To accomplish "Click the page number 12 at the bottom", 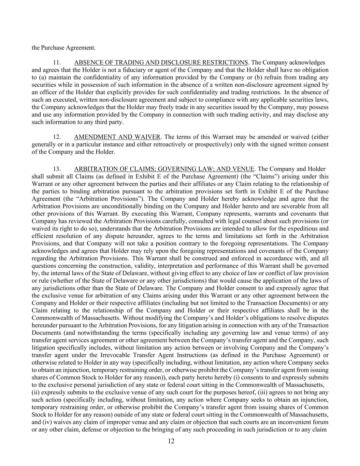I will click(171, 441).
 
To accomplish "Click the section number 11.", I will click(57, 62).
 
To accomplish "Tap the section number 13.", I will click(57, 169).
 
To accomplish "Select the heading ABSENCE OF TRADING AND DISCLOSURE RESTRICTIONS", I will click(161, 62).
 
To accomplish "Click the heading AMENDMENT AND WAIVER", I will click(117, 137).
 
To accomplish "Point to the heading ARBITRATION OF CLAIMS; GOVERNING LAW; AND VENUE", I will click(164, 169).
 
